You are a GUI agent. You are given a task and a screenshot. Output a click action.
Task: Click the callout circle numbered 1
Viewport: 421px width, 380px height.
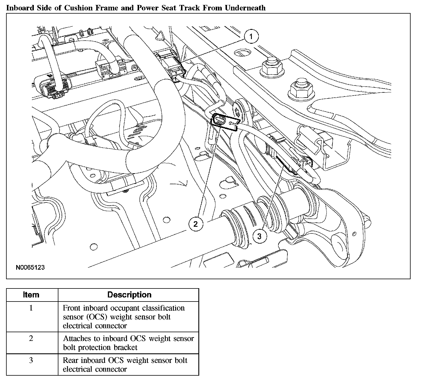click(251, 36)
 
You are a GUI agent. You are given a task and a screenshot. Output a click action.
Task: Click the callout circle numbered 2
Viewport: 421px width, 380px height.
click(196, 224)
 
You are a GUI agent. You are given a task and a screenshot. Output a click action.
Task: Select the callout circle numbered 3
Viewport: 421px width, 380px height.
click(259, 236)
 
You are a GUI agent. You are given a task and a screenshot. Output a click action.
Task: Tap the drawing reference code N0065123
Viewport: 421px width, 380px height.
click(30, 267)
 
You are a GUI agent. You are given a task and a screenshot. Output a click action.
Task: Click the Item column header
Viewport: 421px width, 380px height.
click(31, 295)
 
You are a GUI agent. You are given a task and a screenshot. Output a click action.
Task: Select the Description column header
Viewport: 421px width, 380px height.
click(129, 295)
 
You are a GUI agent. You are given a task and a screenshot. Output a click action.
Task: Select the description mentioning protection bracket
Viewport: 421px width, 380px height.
click(128, 343)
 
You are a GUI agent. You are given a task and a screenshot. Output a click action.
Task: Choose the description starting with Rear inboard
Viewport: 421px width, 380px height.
click(125, 365)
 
